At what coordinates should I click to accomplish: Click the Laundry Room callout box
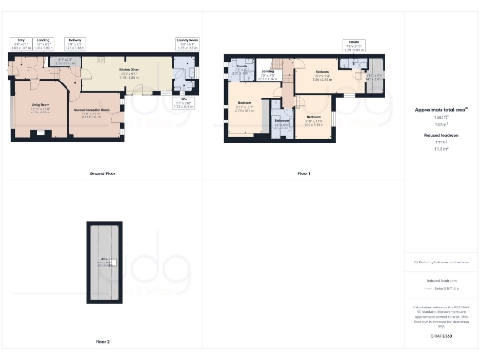187,43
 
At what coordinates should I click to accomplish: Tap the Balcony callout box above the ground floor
75,43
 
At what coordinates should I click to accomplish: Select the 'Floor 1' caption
304,174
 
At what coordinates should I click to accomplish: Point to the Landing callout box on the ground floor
43,43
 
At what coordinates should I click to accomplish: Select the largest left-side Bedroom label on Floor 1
245,106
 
